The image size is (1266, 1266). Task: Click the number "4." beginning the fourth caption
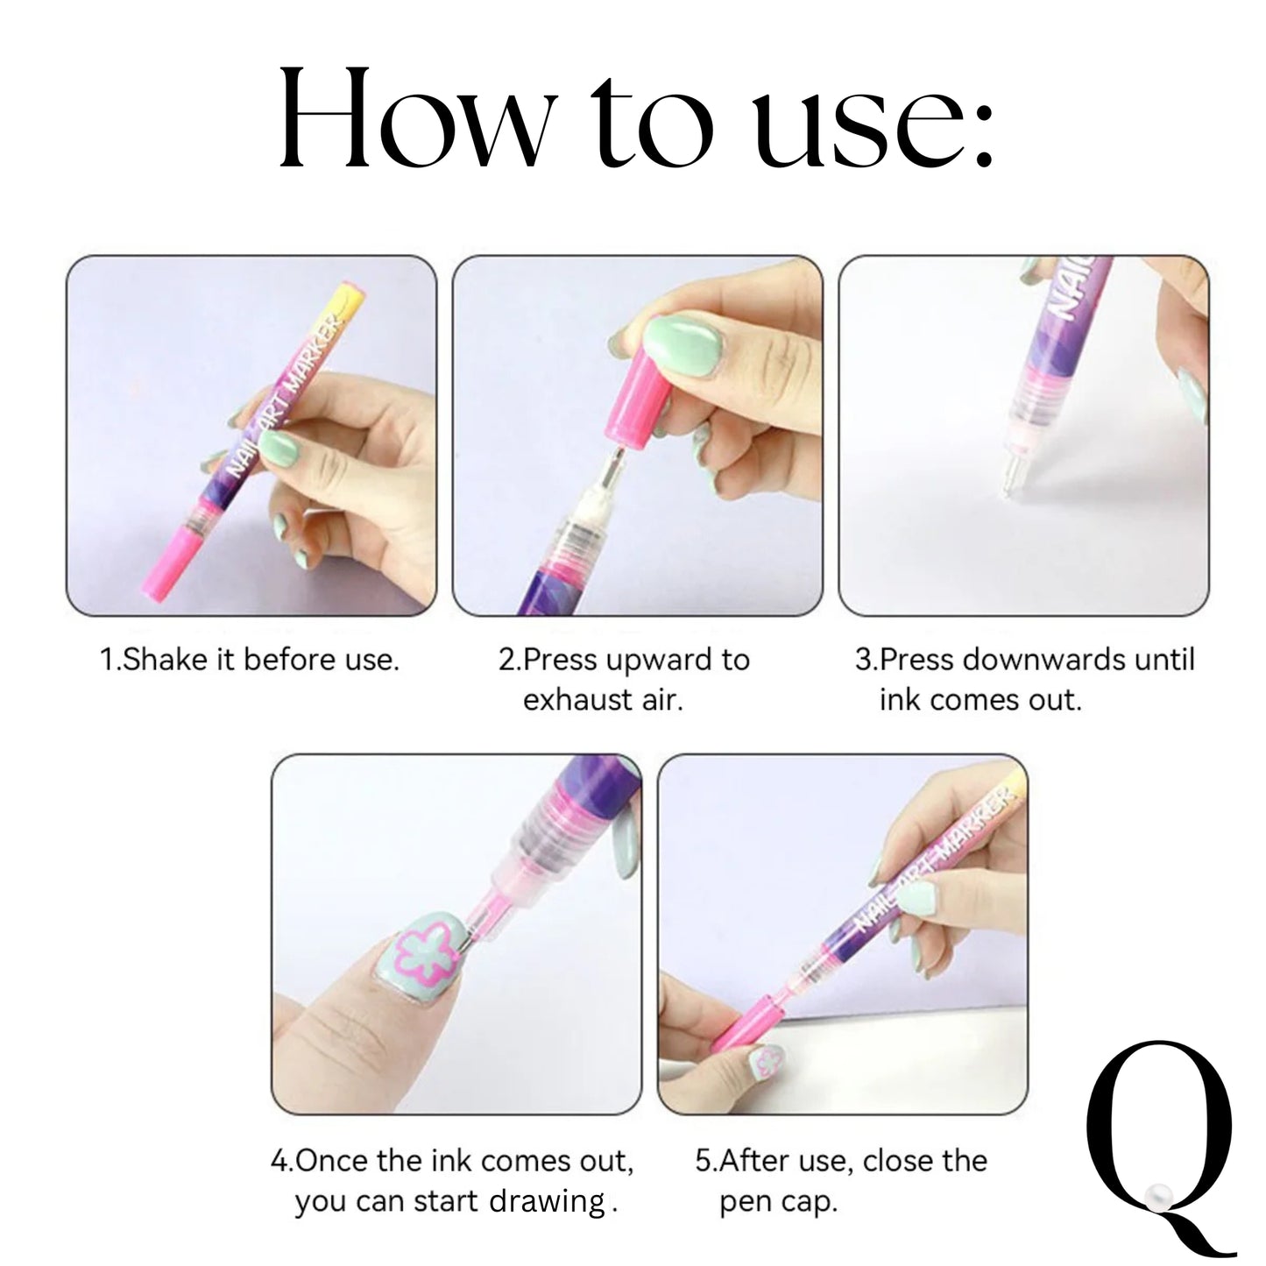[282, 1161]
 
